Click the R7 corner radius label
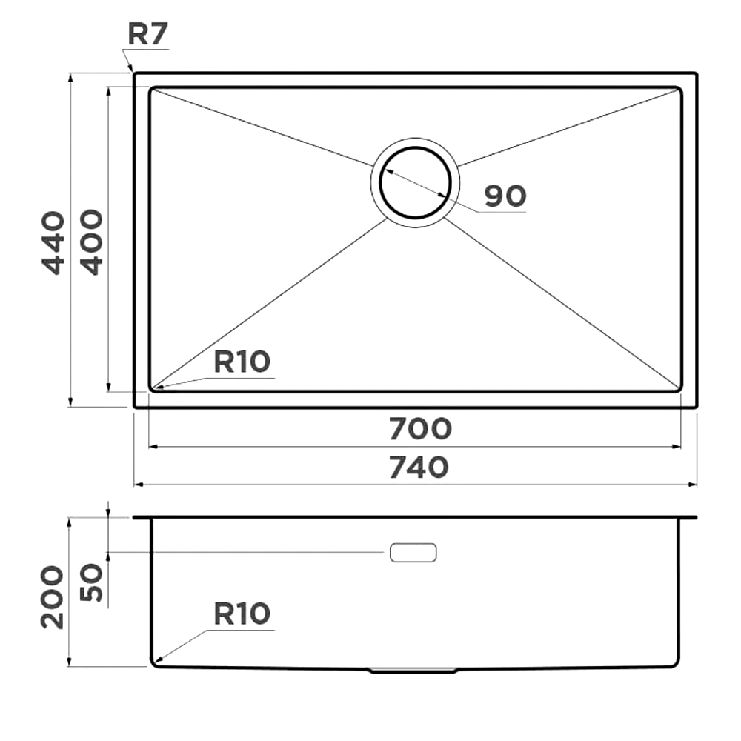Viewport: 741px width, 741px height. [x=148, y=35]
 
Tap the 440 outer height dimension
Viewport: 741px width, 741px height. [x=53, y=242]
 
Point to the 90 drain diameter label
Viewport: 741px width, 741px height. [x=505, y=196]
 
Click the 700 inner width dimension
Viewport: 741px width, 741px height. [x=420, y=429]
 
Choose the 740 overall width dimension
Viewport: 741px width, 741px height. [x=419, y=467]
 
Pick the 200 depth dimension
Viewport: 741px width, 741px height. [x=52, y=597]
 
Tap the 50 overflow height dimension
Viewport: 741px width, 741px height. [x=91, y=582]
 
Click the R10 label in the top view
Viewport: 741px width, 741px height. [x=242, y=362]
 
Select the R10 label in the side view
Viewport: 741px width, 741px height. [x=242, y=614]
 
